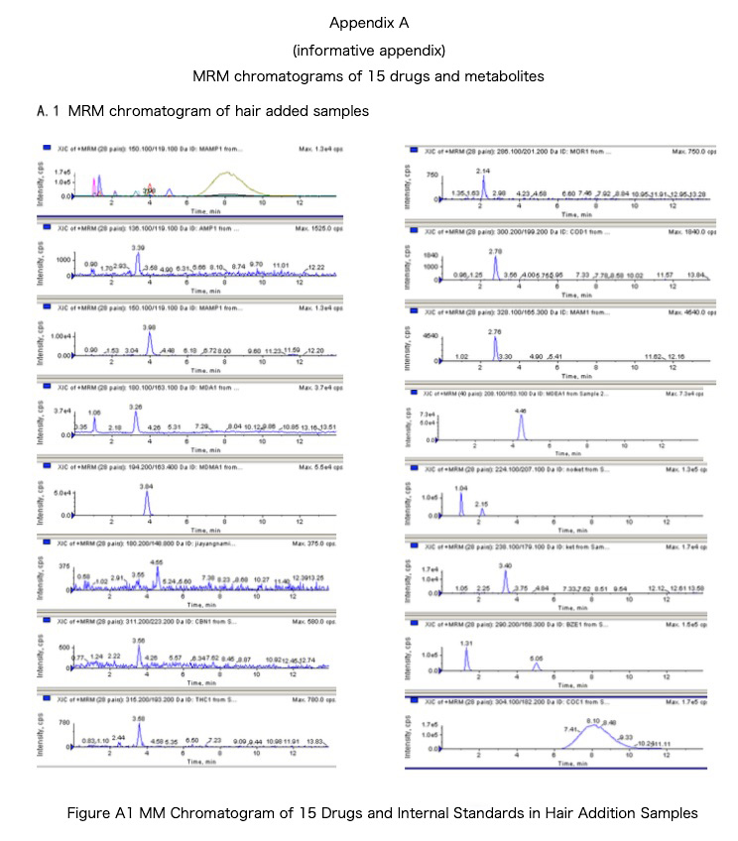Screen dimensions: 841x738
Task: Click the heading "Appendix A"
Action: [369, 22]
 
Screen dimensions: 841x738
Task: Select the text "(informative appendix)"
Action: [369, 49]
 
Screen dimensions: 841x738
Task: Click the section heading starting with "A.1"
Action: [202, 111]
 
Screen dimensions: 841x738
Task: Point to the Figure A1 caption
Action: [383, 813]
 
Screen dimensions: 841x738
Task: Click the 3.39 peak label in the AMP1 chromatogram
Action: [138, 247]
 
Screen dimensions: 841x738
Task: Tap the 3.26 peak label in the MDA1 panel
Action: [137, 406]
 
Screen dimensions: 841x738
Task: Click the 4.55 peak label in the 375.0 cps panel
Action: [157, 561]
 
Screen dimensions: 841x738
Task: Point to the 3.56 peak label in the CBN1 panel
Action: [139, 641]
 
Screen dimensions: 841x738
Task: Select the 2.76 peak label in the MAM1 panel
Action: [494, 330]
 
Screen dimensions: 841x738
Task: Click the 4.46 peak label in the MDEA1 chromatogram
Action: [521, 410]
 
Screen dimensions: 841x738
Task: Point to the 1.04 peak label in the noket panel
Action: [460, 489]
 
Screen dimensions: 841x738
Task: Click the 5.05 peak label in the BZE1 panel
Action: [537, 658]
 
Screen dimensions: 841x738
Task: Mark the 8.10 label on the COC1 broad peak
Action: [592, 721]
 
